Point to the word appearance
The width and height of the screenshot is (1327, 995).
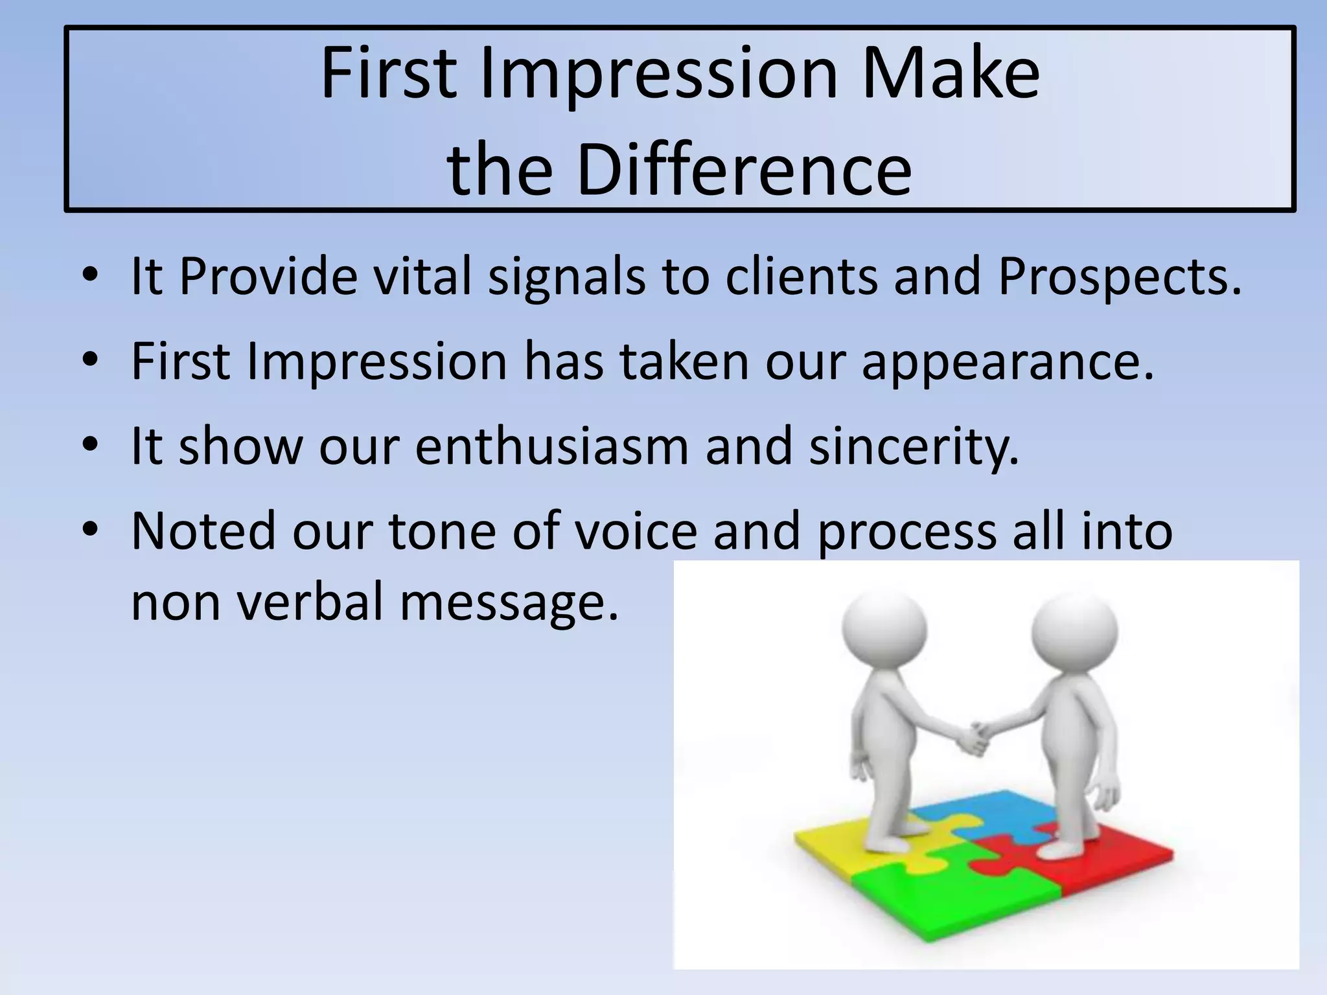click(x=1008, y=363)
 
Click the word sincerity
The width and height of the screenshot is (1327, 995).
click(x=914, y=447)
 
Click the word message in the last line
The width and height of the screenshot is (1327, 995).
click(x=509, y=602)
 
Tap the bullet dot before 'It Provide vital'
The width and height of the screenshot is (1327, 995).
click(x=91, y=275)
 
